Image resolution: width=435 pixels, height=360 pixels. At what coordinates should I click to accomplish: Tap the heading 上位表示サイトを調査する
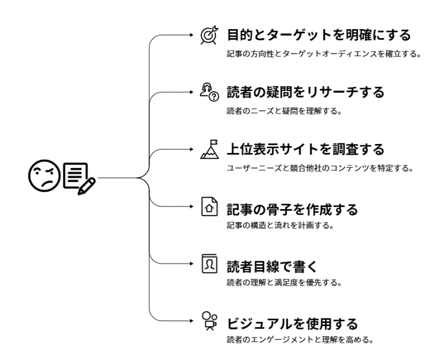304,149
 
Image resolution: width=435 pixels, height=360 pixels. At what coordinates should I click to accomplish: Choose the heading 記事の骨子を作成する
292,209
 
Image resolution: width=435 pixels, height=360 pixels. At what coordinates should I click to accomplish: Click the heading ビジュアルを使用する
292,324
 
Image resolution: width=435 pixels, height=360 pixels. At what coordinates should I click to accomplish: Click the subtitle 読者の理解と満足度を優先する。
284,283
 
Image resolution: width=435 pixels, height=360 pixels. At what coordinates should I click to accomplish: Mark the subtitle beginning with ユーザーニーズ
320,168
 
